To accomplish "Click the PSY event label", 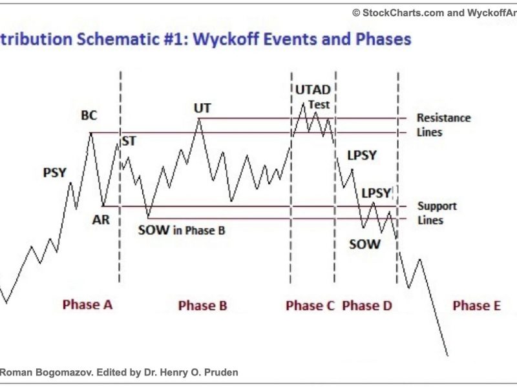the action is pos(55,172).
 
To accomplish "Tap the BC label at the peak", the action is pos(89,115).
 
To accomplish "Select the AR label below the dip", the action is pos(101,219).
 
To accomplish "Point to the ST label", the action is pos(129,141).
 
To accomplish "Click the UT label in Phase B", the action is pos(202,108).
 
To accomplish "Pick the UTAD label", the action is pos(313,90).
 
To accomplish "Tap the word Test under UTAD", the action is pos(319,104).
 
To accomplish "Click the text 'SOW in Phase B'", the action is pos(182,230).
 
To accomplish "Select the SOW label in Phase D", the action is pos(364,244).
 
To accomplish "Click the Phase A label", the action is pos(88,304).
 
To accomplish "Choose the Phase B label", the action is pos(203,306).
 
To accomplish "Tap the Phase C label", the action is pos(310,306).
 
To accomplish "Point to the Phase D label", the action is pos(367,306).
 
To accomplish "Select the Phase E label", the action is pos(477,306).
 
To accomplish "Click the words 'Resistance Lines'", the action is pos(444,125).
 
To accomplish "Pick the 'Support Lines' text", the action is pos(438,213).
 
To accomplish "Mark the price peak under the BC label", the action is pos(91,133).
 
